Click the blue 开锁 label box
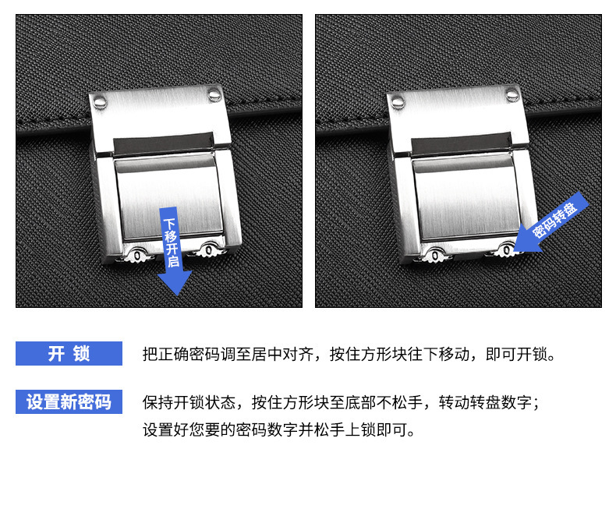(69, 353)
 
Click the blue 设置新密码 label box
(69, 401)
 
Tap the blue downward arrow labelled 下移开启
(173, 251)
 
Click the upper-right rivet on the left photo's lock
(214, 94)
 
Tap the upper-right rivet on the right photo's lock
(512, 94)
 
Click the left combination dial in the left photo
(137, 256)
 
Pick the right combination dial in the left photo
(209, 249)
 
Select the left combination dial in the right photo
(435, 256)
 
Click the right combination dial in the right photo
(506, 249)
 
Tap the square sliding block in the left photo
(169, 197)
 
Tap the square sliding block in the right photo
(467, 197)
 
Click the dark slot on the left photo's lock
(164, 143)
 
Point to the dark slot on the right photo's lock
(462, 143)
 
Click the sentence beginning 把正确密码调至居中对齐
(349, 354)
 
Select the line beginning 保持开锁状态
(341, 402)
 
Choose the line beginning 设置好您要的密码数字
(278, 430)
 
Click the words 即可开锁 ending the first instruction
(520, 354)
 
